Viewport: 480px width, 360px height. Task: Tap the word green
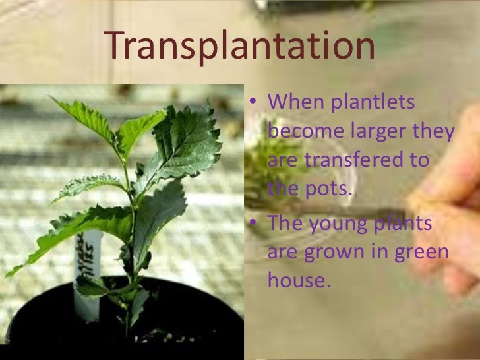[x=413, y=252]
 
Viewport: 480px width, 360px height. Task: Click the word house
[x=297, y=280]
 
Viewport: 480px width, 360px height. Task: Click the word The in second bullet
[x=286, y=224]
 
